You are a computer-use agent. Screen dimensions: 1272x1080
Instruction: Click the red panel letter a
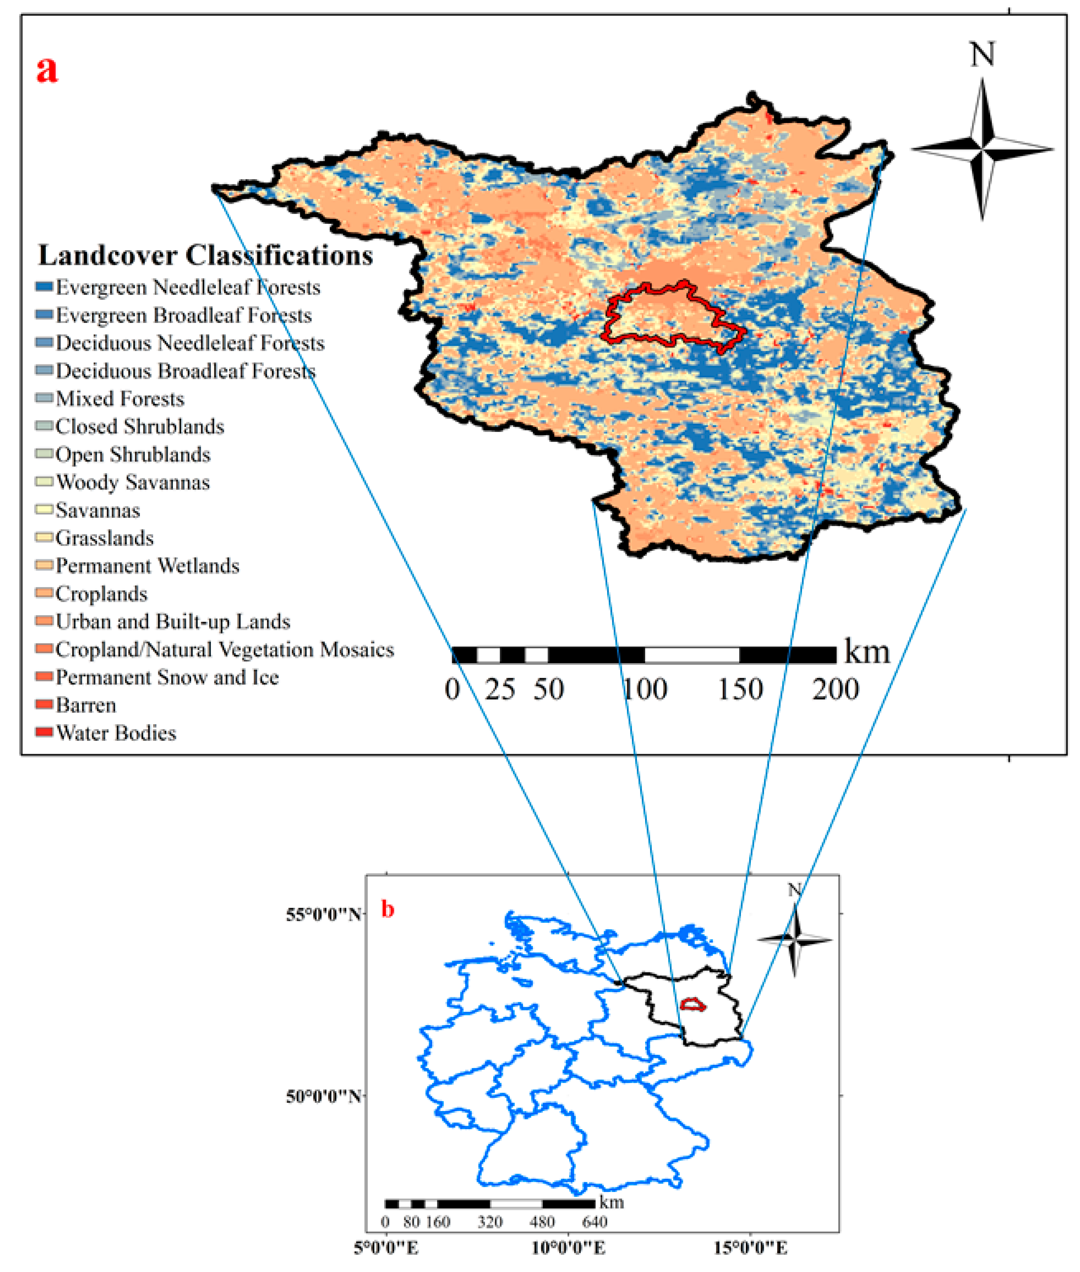tap(47, 69)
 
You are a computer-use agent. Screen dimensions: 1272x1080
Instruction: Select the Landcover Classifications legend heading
tap(205, 255)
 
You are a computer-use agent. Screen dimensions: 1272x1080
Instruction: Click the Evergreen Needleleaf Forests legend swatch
tap(44, 287)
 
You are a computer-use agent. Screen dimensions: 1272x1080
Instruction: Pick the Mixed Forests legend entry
tap(119, 399)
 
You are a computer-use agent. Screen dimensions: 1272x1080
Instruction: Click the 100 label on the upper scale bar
tap(645, 690)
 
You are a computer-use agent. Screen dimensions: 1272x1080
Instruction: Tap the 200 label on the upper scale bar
tap(835, 690)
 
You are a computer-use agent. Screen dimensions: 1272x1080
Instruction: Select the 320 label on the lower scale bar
tap(490, 1222)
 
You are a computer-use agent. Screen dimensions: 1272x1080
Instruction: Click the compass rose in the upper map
tap(982, 149)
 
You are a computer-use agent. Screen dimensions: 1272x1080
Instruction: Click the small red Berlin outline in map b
tap(692, 1004)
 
